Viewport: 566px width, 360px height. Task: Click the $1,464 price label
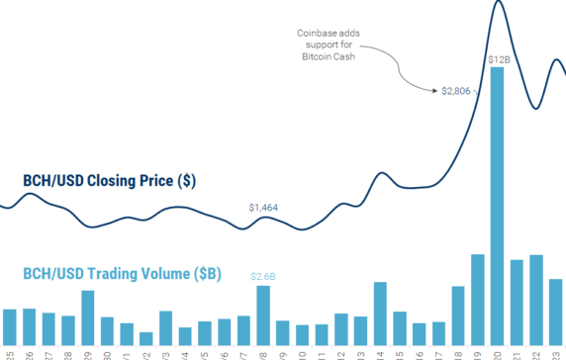pos(264,208)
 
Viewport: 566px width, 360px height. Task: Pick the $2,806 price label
pos(457,92)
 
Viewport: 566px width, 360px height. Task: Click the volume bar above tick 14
pos(380,313)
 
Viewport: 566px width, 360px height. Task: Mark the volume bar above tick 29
pos(88,316)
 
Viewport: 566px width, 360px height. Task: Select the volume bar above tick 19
pos(477,299)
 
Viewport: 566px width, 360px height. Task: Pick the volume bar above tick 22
pos(536,299)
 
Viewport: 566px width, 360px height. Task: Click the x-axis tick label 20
pos(498,353)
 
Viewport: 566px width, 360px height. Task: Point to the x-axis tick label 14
pos(381,353)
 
